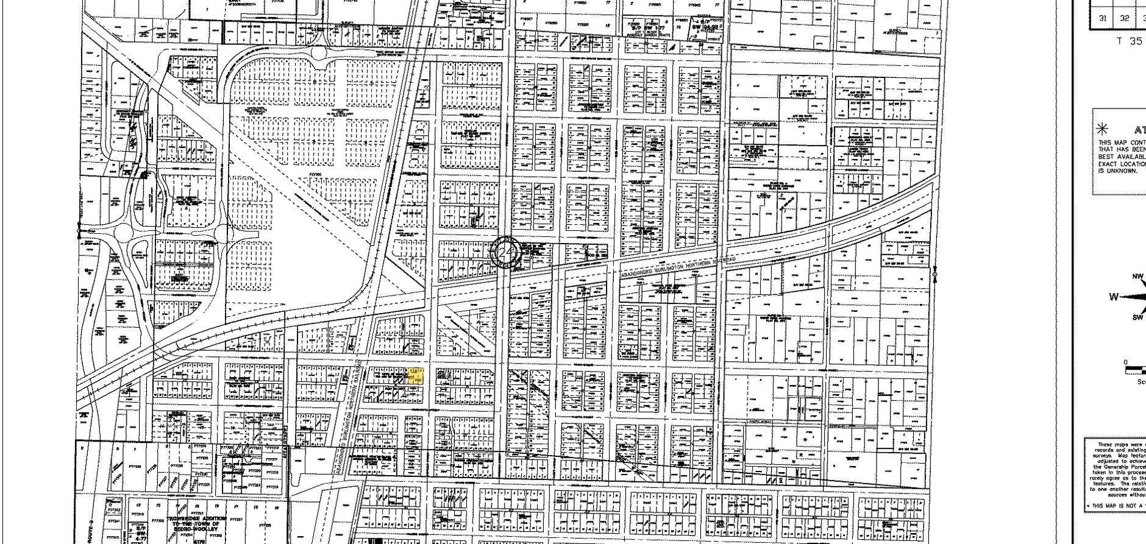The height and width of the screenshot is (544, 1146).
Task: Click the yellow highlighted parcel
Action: click(x=415, y=376)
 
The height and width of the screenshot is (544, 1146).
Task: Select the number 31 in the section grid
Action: click(x=1102, y=18)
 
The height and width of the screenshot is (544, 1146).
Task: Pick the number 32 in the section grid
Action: click(x=1125, y=18)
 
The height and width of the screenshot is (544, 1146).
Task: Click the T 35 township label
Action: click(x=1129, y=41)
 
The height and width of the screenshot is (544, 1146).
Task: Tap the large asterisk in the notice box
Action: click(x=1102, y=129)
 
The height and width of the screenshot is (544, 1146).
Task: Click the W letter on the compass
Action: click(x=1114, y=297)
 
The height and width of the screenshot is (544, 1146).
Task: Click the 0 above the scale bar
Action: click(x=1126, y=362)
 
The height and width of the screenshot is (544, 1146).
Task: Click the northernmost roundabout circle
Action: click(x=319, y=54)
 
